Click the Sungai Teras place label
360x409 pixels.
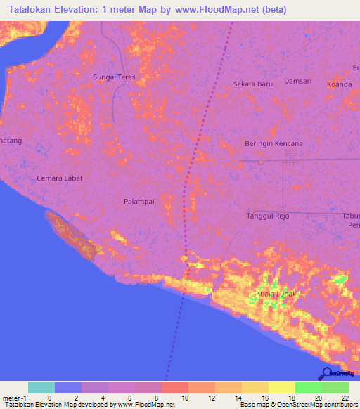tap(114, 77)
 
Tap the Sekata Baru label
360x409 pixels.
tap(252, 84)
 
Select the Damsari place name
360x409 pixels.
tap(297, 82)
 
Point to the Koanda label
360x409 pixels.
tap(339, 84)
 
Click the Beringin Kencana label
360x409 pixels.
tap(274, 143)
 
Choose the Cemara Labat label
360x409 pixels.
tap(60, 178)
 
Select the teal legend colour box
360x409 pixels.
tap(41, 387)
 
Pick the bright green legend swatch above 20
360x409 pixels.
tap(308, 387)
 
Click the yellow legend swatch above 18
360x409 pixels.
tap(281, 387)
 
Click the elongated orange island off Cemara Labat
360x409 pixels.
tap(74, 237)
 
